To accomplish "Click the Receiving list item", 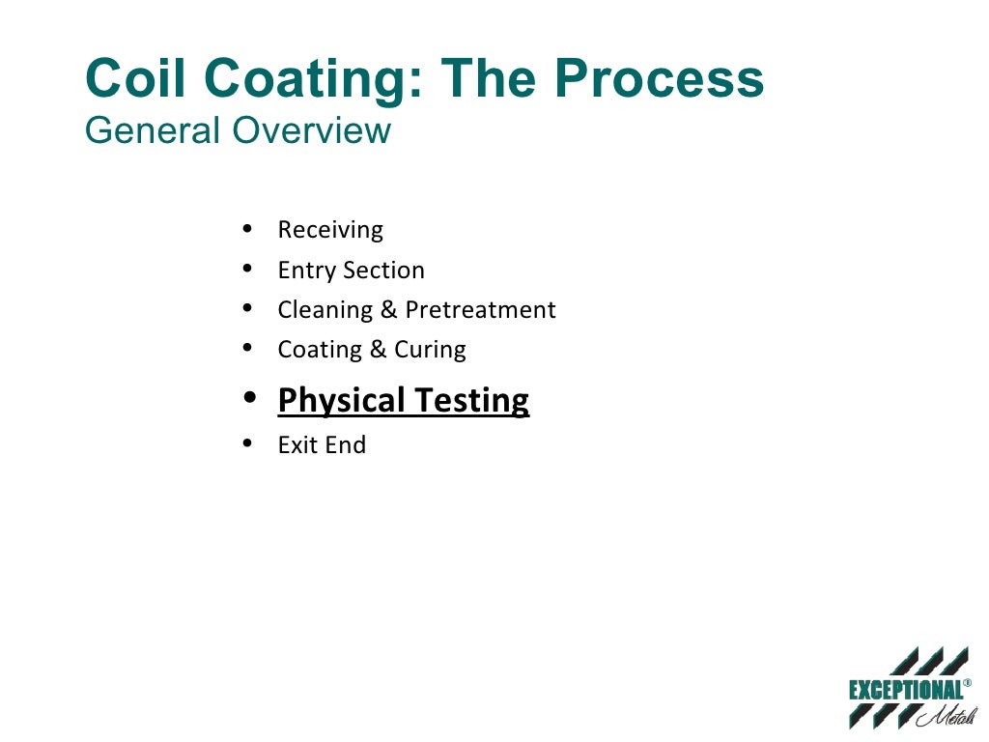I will click(330, 230).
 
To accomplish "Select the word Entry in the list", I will click(304, 271).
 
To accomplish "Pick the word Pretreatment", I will click(480, 310).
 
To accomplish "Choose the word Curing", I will click(430, 350).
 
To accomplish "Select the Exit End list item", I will click(322, 445).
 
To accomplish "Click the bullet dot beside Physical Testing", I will click(250, 398).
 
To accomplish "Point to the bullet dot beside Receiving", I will click(249, 229).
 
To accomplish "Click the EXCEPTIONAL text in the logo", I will click(905, 690).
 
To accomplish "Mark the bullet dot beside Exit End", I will click(249, 444).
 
